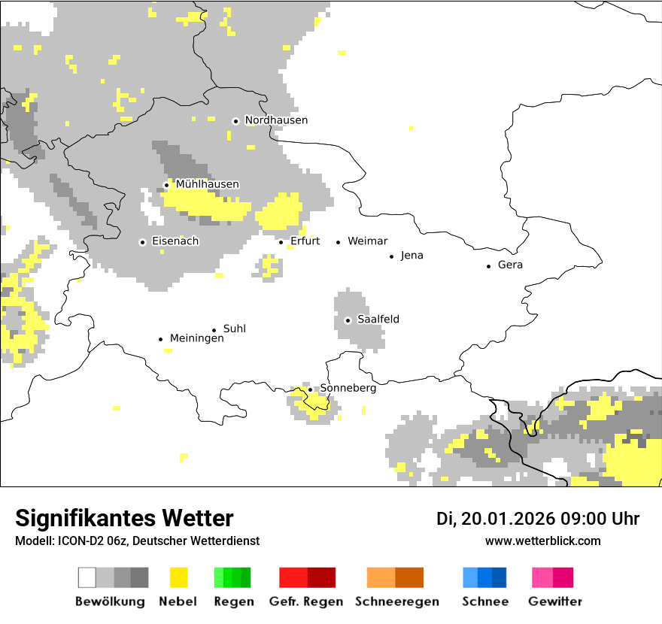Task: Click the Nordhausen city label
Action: (x=276, y=120)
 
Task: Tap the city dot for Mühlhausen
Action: (x=166, y=185)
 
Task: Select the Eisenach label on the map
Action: (x=175, y=241)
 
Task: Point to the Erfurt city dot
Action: (x=281, y=242)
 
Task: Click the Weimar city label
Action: (x=368, y=241)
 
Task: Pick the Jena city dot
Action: (x=392, y=256)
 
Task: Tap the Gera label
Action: (x=510, y=265)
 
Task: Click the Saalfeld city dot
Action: (x=348, y=320)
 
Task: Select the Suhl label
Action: (x=235, y=329)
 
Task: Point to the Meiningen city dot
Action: (x=160, y=339)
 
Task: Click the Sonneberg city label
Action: (x=348, y=388)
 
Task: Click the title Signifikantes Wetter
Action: (x=124, y=518)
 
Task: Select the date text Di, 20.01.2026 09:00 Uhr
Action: (x=538, y=519)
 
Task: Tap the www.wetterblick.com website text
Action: (x=542, y=541)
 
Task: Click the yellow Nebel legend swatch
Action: (x=178, y=577)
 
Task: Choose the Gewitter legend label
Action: (x=555, y=601)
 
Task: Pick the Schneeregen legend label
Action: (x=396, y=601)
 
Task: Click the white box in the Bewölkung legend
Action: (x=87, y=577)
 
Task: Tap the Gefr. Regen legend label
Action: (x=306, y=601)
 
